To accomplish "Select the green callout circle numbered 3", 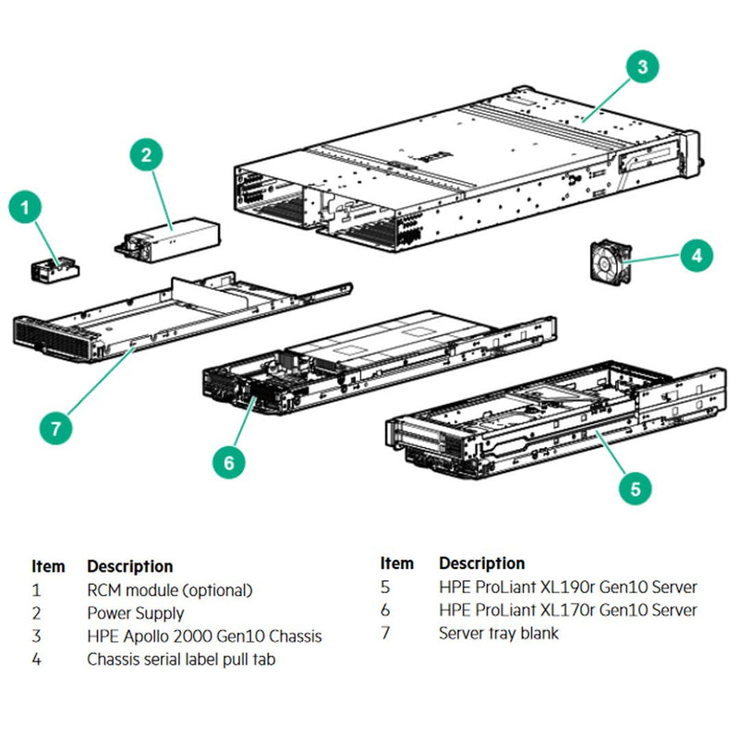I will (x=643, y=66).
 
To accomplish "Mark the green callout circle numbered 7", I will (x=56, y=428).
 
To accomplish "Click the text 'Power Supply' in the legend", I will (x=136, y=612).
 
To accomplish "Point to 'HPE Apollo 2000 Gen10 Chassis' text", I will (x=204, y=636).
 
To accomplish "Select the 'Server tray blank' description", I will (x=498, y=634).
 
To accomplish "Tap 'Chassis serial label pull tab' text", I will (x=181, y=660).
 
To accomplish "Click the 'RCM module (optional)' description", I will (x=169, y=589).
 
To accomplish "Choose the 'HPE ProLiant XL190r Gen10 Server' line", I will (x=567, y=587).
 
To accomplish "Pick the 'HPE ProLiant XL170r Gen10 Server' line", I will (x=567, y=610).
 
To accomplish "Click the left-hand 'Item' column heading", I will (x=48, y=565).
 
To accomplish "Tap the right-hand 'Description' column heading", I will (x=481, y=563).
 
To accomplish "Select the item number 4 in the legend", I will (x=36, y=660).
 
